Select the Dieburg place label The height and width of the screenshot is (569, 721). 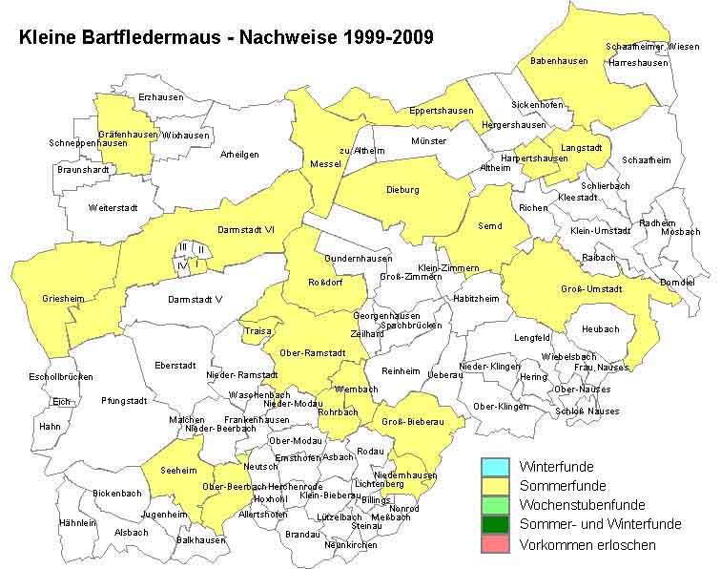[402, 190]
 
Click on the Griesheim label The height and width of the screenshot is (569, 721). [63, 299]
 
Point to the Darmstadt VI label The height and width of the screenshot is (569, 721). [245, 229]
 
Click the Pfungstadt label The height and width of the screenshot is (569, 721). [124, 401]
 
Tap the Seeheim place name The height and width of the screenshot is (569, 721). [179, 469]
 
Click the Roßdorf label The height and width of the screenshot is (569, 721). [325, 282]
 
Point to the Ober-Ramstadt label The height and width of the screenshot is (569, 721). [312, 353]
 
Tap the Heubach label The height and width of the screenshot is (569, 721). [600, 329]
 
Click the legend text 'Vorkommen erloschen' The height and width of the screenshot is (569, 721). [587, 544]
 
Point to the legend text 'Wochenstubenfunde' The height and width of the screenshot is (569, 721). [582, 505]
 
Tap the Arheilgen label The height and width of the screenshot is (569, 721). [239, 154]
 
